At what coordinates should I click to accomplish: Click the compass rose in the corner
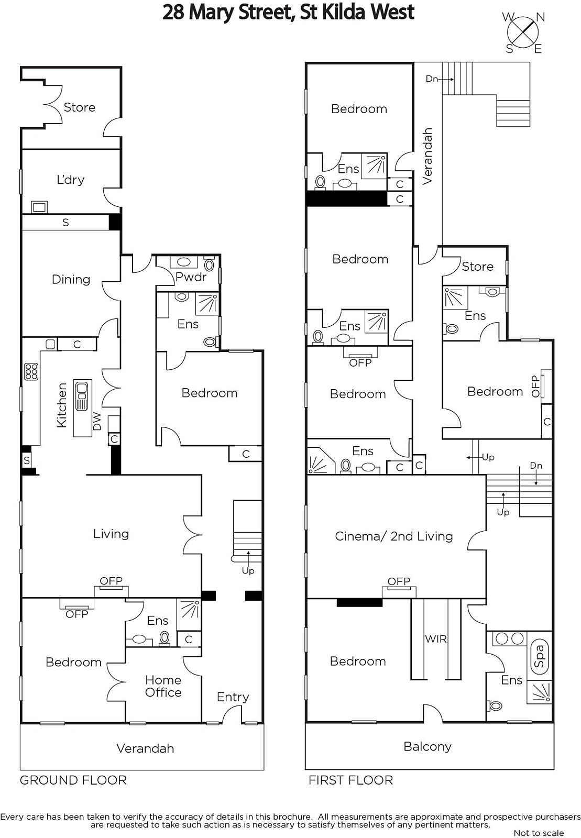523,32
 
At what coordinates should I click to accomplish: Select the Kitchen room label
62,405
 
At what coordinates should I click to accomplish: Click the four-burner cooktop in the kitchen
31,372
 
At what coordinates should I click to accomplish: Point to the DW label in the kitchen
97,421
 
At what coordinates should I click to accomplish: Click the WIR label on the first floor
436,639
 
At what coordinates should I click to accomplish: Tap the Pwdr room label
191,277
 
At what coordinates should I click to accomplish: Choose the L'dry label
70,180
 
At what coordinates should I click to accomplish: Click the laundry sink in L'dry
39,207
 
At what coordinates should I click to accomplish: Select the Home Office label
163,686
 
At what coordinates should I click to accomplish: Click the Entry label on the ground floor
233,697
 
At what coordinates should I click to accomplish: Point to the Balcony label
427,746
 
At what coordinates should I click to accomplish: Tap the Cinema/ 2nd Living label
393,536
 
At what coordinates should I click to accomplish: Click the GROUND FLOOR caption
73,780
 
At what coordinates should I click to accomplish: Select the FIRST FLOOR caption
350,780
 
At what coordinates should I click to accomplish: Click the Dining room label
71,280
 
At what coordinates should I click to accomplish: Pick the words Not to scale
539,833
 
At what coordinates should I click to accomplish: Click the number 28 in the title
173,13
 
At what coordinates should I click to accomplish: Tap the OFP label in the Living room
111,581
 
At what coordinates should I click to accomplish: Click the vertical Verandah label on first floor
427,156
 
